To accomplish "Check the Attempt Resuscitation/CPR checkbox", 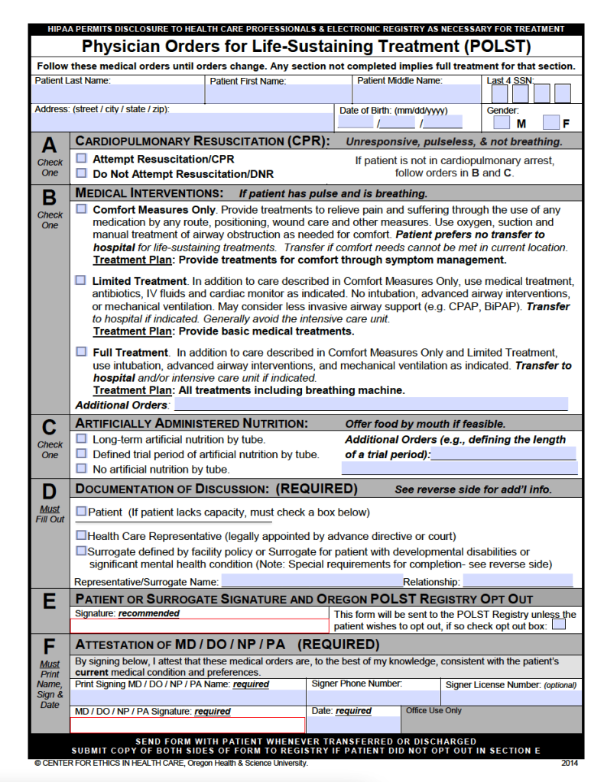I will point(81,159).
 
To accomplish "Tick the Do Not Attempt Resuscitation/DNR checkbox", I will point(81,173).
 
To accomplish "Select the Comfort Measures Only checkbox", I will point(81,208).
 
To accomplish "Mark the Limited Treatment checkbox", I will point(81,280).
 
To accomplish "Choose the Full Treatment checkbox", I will point(81,352).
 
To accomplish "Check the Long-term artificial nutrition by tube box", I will point(81,439).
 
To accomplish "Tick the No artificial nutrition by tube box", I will point(81,469).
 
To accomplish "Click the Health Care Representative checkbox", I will point(81,536).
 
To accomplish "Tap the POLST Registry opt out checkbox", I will point(559,625).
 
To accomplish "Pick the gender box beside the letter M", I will point(501,122).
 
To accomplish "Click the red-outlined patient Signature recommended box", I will point(201,626).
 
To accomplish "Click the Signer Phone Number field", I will point(374,697).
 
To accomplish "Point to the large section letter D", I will point(50,492).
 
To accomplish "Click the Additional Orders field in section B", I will point(372,404).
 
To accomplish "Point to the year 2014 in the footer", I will point(569,762).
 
